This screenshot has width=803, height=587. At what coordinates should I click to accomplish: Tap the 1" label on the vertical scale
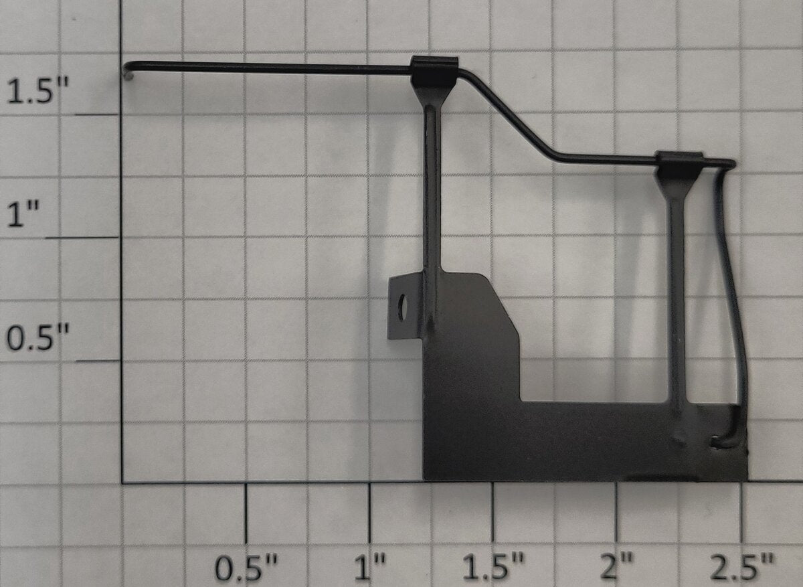[x=23, y=214]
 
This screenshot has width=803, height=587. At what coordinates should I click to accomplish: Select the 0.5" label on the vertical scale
[x=37, y=337]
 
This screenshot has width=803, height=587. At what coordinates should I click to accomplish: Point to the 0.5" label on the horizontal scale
[x=246, y=568]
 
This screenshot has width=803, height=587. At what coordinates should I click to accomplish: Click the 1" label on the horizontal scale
[x=370, y=568]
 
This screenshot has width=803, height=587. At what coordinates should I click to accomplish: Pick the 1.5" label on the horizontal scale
[x=493, y=568]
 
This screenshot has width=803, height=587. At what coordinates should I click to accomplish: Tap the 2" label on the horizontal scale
[x=616, y=568]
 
